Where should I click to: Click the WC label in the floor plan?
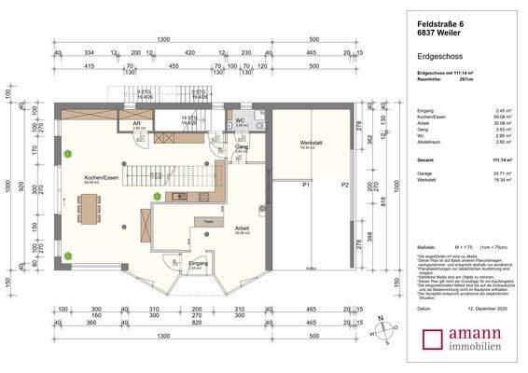point(240,122)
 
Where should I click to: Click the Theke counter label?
point(209,221)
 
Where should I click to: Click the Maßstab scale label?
point(424,246)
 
